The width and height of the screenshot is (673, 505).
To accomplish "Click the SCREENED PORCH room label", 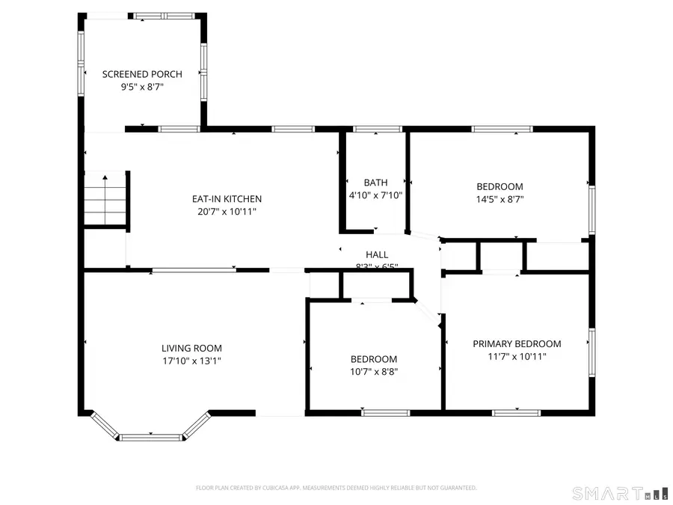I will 133,74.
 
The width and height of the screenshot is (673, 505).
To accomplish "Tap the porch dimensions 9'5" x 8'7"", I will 133,87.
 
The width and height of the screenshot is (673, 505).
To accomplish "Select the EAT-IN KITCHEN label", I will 227,199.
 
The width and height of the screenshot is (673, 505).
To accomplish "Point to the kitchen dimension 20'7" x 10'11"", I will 227,212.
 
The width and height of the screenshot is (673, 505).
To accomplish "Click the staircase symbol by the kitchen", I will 105,199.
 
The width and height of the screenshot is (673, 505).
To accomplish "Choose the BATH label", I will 375,183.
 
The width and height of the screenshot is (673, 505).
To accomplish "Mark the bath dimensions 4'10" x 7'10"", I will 375,195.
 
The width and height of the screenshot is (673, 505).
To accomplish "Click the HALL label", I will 377,255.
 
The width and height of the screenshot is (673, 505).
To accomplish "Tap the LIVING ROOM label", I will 191,348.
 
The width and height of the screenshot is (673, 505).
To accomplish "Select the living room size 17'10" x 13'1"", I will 191,361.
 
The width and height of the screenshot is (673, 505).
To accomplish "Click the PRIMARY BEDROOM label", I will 517,344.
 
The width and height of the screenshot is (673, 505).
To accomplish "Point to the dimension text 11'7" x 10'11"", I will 517,357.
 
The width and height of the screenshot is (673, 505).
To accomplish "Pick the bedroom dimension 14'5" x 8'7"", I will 500,200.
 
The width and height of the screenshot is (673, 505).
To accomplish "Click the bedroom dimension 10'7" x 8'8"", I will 374,372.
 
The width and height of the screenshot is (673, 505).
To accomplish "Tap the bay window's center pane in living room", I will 152,437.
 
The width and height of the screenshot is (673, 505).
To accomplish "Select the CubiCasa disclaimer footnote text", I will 336,488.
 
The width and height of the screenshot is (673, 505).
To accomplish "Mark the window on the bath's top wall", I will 377,129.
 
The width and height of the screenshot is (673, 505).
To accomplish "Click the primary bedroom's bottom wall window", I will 516,412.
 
